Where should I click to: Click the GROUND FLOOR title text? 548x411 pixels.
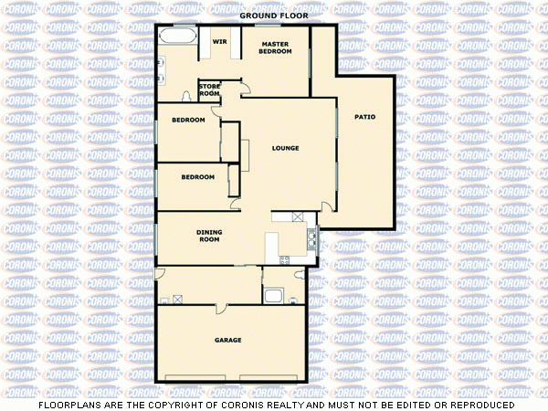click(x=274, y=16)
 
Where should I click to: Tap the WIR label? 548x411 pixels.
click(x=219, y=42)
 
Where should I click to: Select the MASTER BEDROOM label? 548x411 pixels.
click(x=275, y=47)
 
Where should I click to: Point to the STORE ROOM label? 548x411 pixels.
click(x=210, y=90)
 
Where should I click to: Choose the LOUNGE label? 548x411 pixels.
click(x=286, y=148)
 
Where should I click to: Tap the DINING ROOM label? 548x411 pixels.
click(x=210, y=236)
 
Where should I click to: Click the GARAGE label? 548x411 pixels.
click(x=228, y=341)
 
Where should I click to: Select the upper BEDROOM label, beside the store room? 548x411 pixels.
click(x=188, y=121)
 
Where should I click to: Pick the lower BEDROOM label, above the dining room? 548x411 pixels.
click(x=197, y=177)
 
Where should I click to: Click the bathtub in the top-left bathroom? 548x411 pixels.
click(x=177, y=38)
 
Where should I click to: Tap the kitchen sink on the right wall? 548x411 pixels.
click(x=312, y=239)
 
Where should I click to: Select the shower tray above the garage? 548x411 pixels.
click(x=273, y=294)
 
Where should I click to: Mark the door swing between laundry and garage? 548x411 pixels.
click(x=161, y=275)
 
